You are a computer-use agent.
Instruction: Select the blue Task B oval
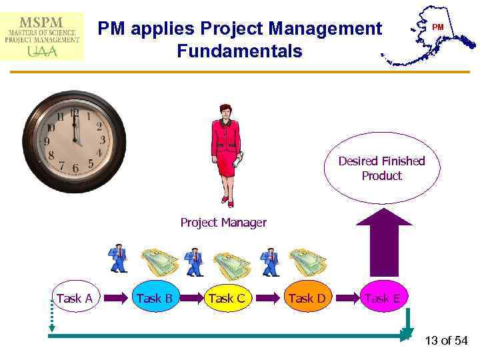click(155, 298)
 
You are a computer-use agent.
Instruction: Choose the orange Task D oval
click(306, 298)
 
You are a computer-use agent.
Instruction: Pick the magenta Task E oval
click(382, 298)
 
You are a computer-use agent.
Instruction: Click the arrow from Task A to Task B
click(114, 298)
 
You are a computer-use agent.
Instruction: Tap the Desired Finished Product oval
click(381, 168)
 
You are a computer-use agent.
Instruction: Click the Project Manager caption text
click(223, 223)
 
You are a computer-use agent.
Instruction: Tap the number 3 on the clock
click(102, 141)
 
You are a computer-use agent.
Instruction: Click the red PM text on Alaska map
click(437, 27)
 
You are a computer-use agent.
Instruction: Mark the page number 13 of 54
click(446, 341)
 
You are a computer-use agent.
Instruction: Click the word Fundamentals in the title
click(239, 51)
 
